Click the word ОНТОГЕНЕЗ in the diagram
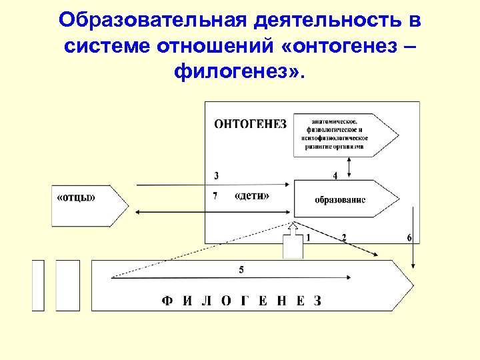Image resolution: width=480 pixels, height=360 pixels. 250,123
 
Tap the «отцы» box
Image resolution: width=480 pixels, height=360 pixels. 77,197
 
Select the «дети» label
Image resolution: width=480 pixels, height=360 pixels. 253,197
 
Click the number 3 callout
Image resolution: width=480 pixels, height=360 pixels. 216,176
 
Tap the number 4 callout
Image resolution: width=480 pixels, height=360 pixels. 335,175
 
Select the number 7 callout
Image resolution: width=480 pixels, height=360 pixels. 215,196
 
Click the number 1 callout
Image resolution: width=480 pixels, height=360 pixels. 308,237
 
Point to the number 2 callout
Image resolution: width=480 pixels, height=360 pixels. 344,237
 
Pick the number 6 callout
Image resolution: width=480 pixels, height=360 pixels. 409,238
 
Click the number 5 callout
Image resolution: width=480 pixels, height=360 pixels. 241,269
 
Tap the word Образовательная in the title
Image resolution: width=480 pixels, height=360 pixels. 153,20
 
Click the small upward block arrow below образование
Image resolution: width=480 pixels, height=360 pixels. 293,243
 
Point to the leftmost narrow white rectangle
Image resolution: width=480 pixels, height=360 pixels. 38,285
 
